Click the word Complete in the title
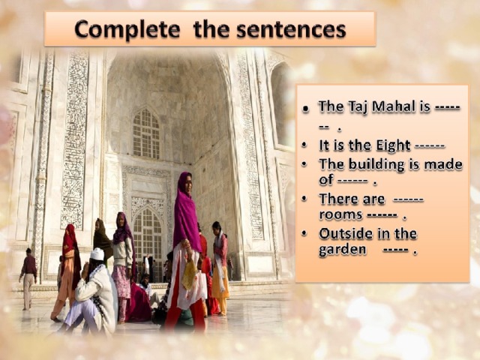pos(127,30)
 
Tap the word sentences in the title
pos(291,30)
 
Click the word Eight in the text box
pos(393,145)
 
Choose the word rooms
pos(340,214)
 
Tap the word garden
pos(343,250)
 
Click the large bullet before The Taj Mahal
pos(305,108)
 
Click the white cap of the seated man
pos(97,253)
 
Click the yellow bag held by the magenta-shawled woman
pos(190,274)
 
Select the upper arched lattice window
pos(146,133)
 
